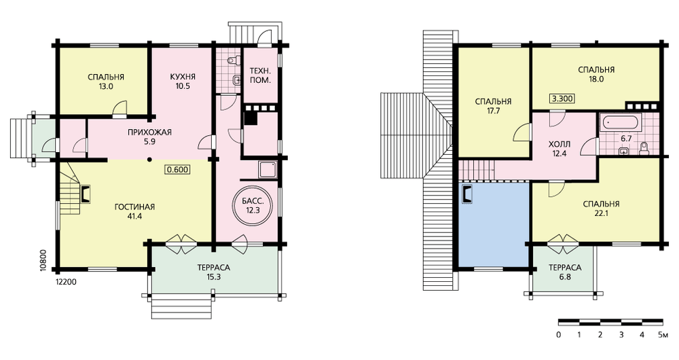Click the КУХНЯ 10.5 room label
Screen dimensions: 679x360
click(183, 81)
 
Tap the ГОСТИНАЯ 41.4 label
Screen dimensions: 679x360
click(134, 211)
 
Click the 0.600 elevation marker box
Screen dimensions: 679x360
click(177, 169)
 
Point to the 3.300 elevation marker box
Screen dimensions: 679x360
click(562, 98)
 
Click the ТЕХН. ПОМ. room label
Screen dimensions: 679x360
click(261, 75)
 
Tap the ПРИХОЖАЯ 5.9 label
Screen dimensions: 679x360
click(150, 137)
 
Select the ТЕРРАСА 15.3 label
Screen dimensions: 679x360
click(214, 272)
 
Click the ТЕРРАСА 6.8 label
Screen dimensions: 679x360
click(565, 272)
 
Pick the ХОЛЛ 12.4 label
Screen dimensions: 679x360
click(559, 149)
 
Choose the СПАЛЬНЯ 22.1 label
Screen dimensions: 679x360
click(601, 209)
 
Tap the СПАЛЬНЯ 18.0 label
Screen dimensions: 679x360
click(596, 74)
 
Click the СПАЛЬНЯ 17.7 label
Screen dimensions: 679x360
click(493, 106)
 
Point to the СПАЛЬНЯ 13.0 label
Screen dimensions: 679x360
click(106, 82)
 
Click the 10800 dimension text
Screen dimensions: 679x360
click(42, 259)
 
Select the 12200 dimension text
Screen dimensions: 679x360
click(67, 282)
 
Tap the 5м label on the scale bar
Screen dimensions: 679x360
click(663, 335)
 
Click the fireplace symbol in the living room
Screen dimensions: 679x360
click(86, 194)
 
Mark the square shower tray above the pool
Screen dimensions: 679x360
click(266, 169)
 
